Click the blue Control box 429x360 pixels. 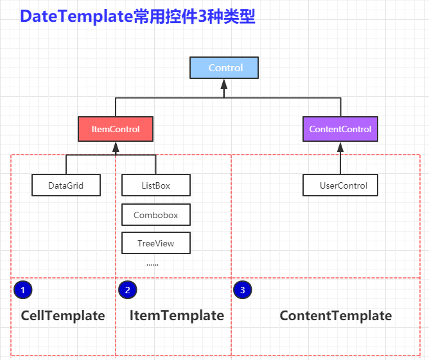224,68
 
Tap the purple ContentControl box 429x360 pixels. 340,129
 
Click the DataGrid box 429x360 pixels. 66,186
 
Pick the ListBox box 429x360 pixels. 155,186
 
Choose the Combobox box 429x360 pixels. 155,215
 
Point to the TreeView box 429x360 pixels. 155,243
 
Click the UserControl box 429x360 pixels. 340,186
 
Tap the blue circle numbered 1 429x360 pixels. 22,290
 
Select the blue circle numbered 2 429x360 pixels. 128,290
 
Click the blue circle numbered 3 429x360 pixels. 242,290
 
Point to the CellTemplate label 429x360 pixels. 63,316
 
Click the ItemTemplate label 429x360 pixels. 177,316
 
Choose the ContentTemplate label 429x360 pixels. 335,316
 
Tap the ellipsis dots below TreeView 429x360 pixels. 152,264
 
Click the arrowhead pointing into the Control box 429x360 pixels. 224,83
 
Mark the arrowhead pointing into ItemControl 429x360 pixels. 116,146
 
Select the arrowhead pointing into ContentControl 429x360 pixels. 340,146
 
